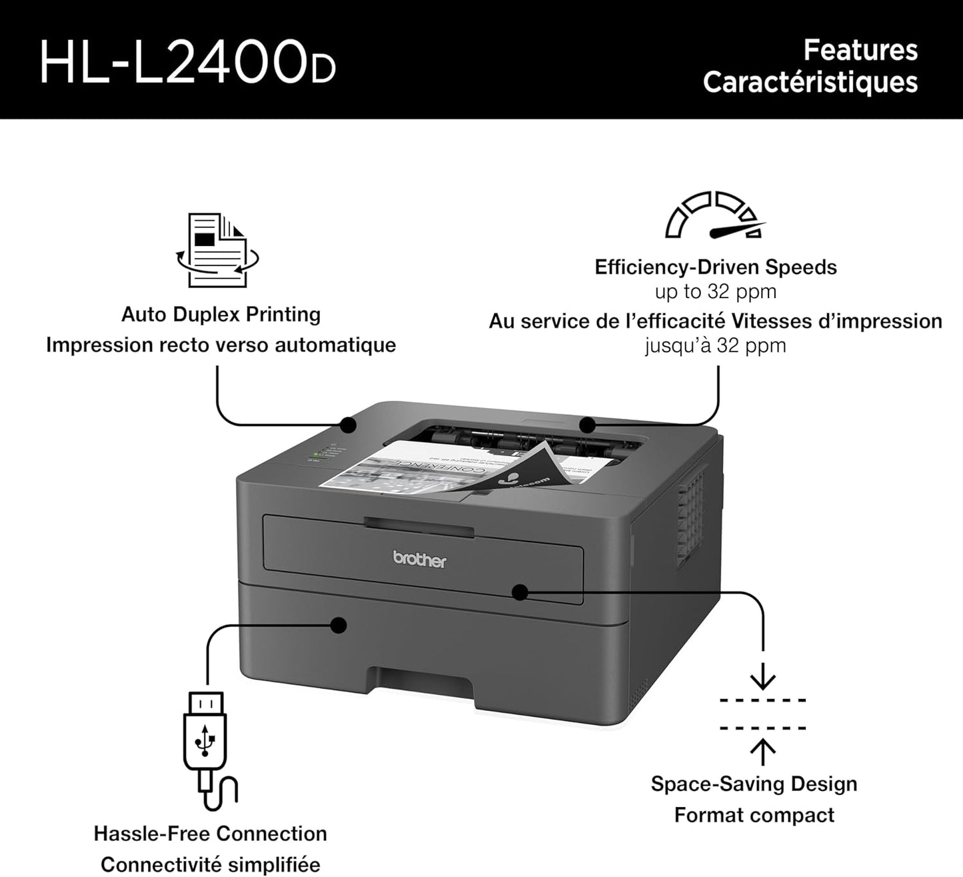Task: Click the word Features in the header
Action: click(x=860, y=50)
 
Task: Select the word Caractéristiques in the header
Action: click(x=810, y=82)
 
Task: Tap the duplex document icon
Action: click(x=217, y=250)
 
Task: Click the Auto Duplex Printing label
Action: click(x=221, y=314)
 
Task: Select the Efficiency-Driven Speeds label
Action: click(x=715, y=267)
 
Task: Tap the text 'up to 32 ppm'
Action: click(x=715, y=291)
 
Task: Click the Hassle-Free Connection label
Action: click(x=210, y=834)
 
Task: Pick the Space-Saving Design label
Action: click(x=754, y=784)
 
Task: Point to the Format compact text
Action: click(x=754, y=815)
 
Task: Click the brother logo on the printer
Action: click(x=420, y=559)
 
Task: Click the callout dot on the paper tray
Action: click(x=339, y=625)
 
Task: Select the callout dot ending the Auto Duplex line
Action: click(x=347, y=424)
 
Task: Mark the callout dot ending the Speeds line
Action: click(x=587, y=425)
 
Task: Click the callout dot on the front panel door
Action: click(x=519, y=591)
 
